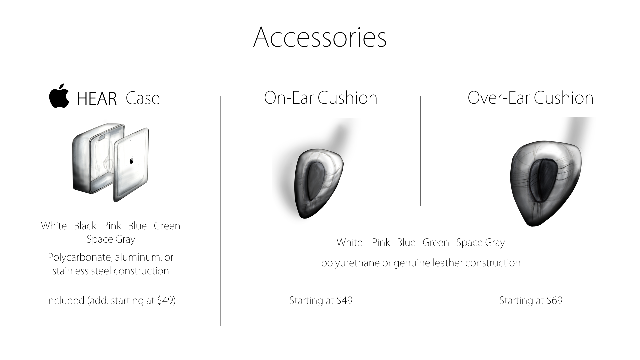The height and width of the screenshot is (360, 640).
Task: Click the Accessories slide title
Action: pos(320,37)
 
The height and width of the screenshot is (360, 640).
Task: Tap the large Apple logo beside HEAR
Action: pos(59,96)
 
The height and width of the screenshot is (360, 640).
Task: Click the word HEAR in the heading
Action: pos(97,99)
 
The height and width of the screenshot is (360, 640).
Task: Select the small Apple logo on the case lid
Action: pos(131,161)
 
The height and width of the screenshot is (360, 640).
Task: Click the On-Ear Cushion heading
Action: pos(321,98)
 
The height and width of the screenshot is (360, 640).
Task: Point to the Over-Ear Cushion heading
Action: pos(531,98)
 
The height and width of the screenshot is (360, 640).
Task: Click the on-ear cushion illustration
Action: pos(318,183)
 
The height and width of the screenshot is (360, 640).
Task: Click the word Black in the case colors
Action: pos(85,226)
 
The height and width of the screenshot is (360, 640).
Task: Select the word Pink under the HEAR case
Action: pos(112,226)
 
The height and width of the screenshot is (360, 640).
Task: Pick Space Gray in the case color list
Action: pos(111,240)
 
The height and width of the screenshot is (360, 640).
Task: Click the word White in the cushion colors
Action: pos(349,242)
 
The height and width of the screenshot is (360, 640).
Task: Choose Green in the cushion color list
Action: pos(436,242)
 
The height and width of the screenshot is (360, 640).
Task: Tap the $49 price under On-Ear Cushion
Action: pos(344,300)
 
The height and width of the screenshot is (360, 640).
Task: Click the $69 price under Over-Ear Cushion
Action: pos(554,300)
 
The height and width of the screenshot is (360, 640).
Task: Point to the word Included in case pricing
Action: pos(65,300)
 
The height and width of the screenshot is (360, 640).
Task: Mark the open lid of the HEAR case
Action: pos(131,164)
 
